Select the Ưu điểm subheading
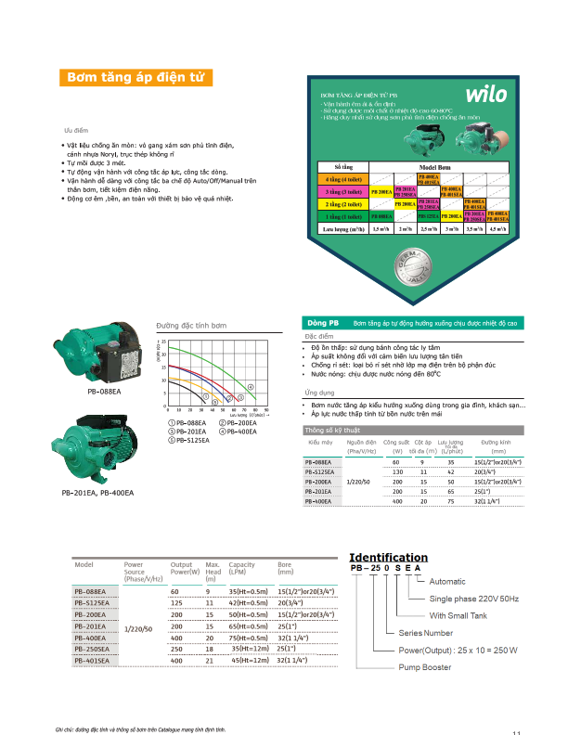[75, 132]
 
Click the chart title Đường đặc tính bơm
[191, 328]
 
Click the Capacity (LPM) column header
[242, 568]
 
